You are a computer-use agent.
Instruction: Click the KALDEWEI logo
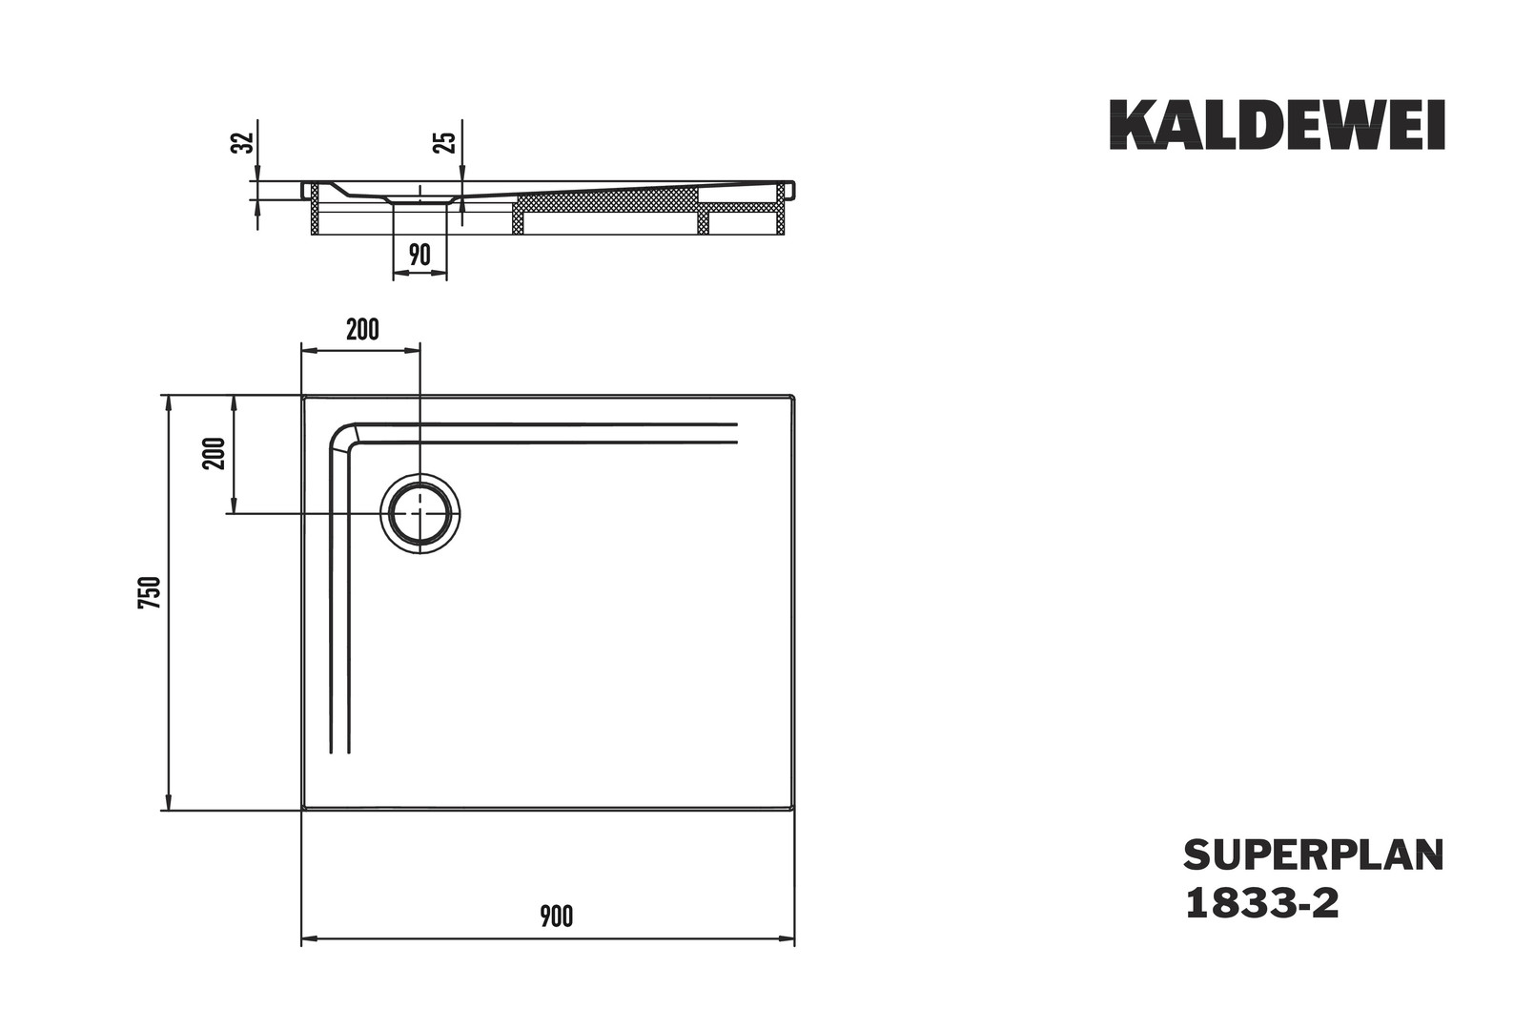pyautogui.click(x=1278, y=125)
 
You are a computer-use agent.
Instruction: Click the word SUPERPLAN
pyautogui.click(x=1314, y=855)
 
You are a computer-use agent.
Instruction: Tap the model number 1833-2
pyautogui.click(x=1261, y=904)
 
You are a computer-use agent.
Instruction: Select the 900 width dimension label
pyautogui.click(x=556, y=917)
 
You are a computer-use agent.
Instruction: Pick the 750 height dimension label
pyautogui.click(x=150, y=592)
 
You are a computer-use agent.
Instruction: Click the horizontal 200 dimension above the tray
pyautogui.click(x=362, y=330)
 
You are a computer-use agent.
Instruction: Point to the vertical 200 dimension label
pyautogui.click(x=215, y=453)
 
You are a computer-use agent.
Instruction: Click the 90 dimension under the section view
pyautogui.click(x=419, y=255)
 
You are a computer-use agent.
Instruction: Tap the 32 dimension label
pyautogui.click(x=244, y=142)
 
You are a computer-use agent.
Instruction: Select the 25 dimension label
pyautogui.click(x=446, y=142)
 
